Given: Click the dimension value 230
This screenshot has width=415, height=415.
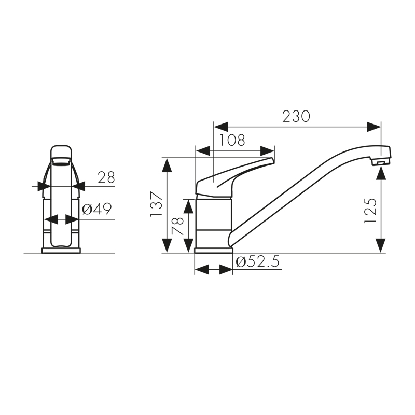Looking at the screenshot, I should coord(296,116).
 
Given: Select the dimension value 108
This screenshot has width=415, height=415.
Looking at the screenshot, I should coord(231,140).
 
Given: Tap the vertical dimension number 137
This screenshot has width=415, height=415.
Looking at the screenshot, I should coord(156,204).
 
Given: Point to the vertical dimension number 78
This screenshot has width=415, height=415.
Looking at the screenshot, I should coord(178,227).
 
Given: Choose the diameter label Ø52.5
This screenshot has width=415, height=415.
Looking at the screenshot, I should coord(257,262).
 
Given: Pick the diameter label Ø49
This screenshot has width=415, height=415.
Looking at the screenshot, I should coord(97,210).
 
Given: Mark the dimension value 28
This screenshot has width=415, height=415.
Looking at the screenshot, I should coord(106,177).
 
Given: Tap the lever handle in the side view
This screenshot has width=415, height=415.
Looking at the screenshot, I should coord(233,174).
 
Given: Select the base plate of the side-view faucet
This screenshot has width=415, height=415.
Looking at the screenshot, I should coord(213,251).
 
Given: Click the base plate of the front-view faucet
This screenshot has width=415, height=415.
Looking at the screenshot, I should coord(61,251).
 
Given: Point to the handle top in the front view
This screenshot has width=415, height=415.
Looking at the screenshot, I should coord(61,150).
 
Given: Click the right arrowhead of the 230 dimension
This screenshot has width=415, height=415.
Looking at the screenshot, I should coord(375,127).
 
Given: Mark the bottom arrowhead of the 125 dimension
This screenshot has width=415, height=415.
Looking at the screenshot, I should coord(381,244).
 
